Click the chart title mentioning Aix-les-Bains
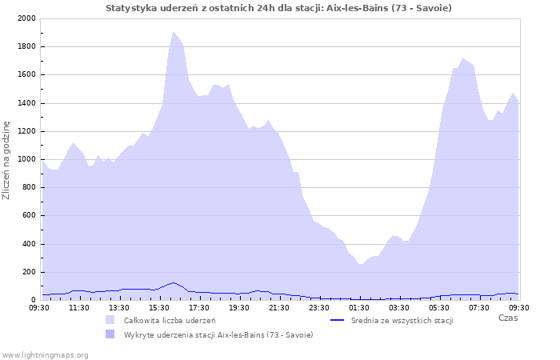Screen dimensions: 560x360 click(x=278, y=8)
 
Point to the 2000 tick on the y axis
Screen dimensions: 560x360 click(x=26, y=18)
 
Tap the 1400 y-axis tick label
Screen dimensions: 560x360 click(x=26, y=103)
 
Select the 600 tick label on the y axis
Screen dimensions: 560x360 click(x=29, y=215)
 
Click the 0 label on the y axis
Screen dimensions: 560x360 click(x=34, y=300)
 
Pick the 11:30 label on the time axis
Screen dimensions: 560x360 click(x=79, y=308)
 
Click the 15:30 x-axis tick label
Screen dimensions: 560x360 click(x=159, y=308)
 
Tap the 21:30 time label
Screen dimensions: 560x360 click(x=279, y=308)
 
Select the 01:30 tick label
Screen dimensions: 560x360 click(x=359, y=308)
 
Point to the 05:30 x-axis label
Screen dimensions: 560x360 click(x=439, y=308)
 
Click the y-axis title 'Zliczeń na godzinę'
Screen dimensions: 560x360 click(x=6, y=160)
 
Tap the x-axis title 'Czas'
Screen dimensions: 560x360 click(x=508, y=318)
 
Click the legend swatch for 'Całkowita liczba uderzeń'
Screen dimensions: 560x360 click(x=110, y=320)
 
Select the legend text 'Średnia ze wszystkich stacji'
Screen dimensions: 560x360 click(x=402, y=320)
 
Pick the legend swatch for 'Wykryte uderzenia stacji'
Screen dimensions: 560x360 click(x=110, y=334)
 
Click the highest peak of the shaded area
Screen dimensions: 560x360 click(x=174, y=31)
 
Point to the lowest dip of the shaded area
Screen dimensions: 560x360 click(x=361, y=264)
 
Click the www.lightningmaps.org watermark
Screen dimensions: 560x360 click(x=45, y=355)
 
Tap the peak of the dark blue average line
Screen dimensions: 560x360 click(x=174, y=282)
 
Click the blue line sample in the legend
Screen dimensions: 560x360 click(x=337, y=320)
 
